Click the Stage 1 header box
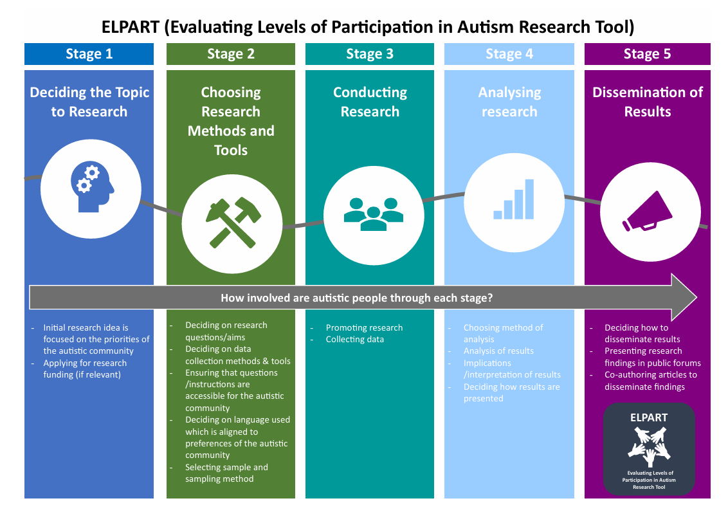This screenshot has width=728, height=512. pyautogui.click(x=89, y=54)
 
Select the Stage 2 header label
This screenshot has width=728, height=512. pyautogui.click(x=230, y=54)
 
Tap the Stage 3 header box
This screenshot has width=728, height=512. pyautogui.click(x=369, y=54)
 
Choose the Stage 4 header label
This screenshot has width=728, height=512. pyautogui.click(x=509, y=54)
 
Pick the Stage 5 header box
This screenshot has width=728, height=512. pyautogui.click(x=647, y=54)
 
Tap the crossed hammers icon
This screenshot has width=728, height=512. pyautogui.click(x=232, y=223)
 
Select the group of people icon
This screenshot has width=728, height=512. pyautogui.click(x=373, y=214)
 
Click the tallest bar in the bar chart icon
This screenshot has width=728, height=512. pyautogui.click(x=529, y=199)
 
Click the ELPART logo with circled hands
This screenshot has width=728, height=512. pyautogui.click(x=649, y=448)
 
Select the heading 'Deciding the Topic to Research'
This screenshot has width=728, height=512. pyautogui.click(x=89, y=102)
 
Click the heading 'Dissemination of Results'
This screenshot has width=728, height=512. pyautogui.click(x=647, y=102)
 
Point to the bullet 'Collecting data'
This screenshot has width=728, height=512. pyautogui.click(x=354, y=340)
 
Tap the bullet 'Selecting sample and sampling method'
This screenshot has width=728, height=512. pyautogui.click(x=226, y=473)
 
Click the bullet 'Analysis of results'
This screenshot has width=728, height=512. pyautogui.click(x=498, y=351)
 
